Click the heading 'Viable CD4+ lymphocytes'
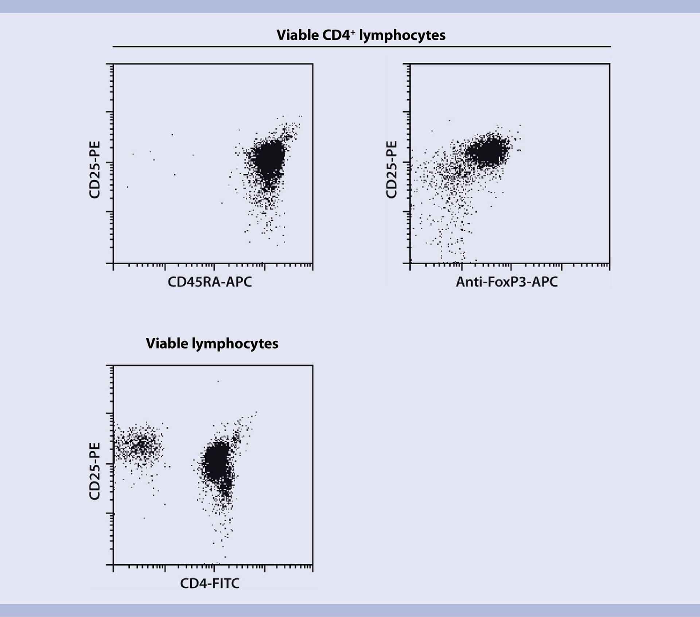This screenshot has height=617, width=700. [x=361, y=35]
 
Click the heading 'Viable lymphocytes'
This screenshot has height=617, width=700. [x=212, y=344]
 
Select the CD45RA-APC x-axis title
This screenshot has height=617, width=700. [x=210, y=282]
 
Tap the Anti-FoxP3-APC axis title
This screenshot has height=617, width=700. [x=506, y=282]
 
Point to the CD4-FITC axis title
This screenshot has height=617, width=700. [x=210, y=583]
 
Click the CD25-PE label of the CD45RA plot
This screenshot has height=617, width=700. [x=94, y=170]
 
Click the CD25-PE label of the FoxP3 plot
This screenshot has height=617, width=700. [x=391, y=170]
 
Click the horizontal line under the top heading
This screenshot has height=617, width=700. [x=361, y=47]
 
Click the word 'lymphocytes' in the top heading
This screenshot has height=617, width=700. [x=402, y=35]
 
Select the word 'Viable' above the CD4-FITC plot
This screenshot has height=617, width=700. [x=167, y=344]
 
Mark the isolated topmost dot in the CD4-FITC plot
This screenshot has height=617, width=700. [x=218, y=381]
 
